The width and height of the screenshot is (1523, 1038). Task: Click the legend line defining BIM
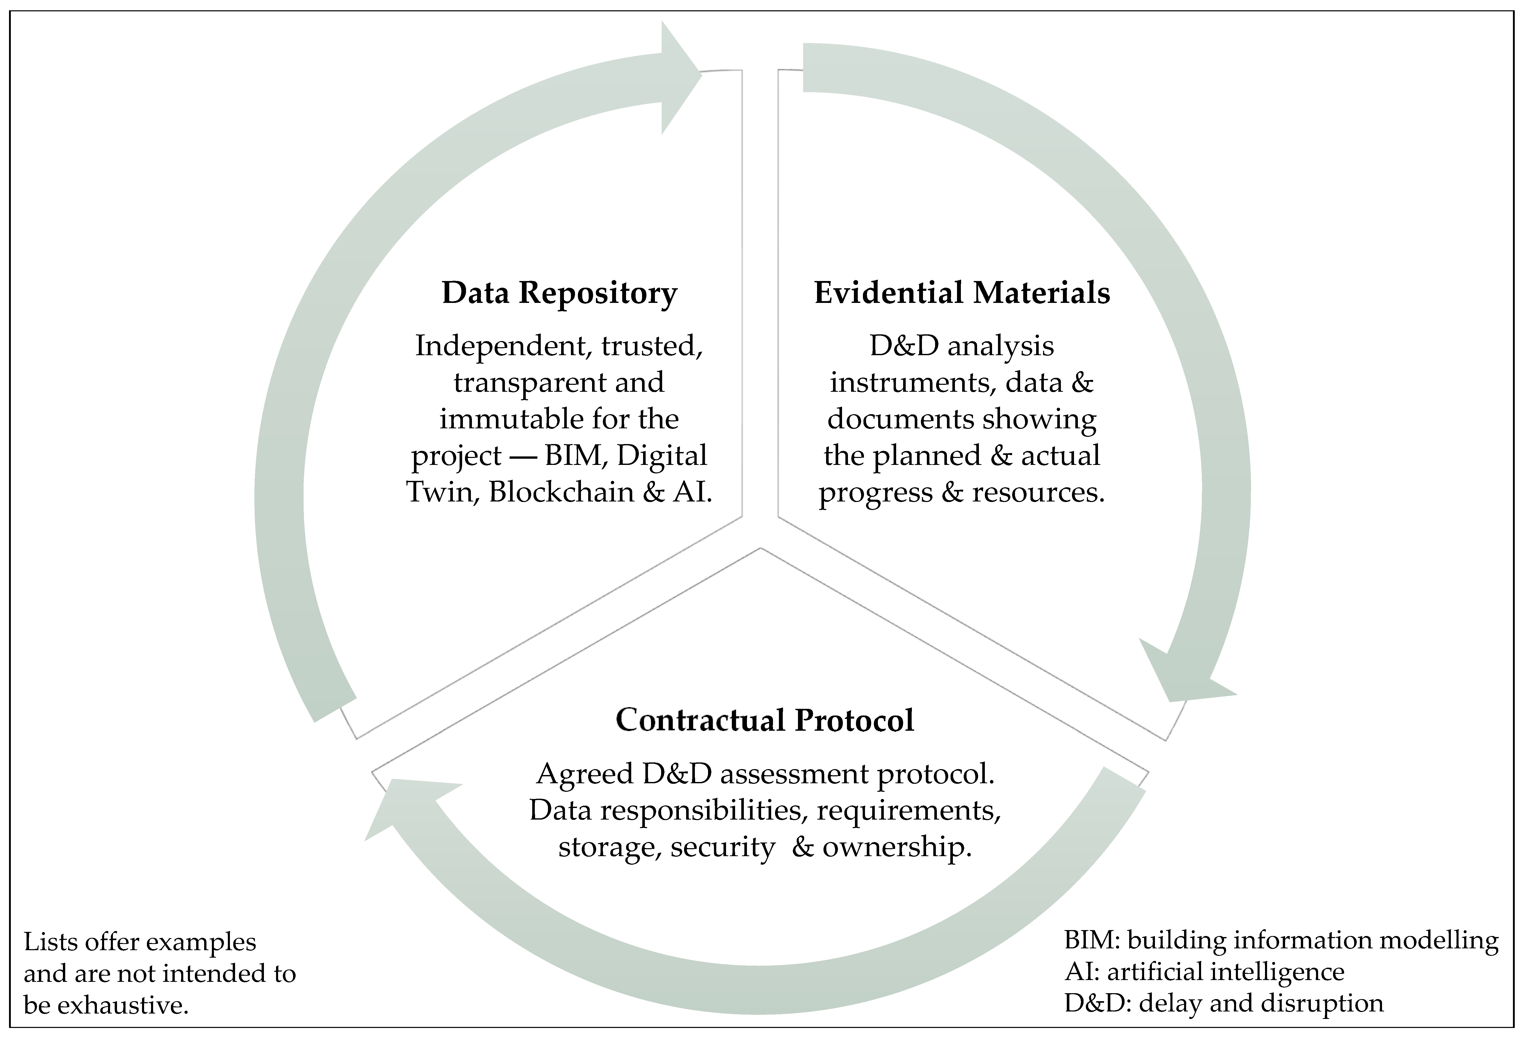(1281, 940)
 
